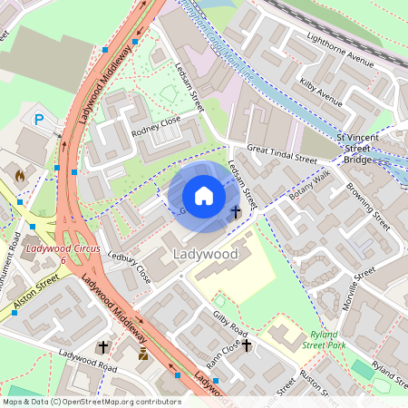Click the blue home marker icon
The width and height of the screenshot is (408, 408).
(204, 196)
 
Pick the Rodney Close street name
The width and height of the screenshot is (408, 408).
(156, 123)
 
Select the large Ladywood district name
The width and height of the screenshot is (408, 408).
(204, 255)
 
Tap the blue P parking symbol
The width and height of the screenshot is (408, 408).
(39, 119)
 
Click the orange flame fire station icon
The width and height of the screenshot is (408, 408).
(21, 172)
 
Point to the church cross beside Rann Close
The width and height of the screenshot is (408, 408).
(246, 345)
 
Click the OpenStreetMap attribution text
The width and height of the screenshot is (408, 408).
(91, 401)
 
